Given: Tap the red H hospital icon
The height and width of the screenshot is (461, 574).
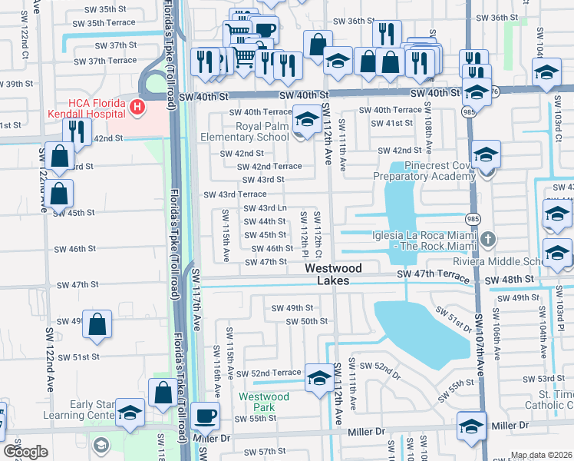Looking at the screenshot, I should (x=137, y=106).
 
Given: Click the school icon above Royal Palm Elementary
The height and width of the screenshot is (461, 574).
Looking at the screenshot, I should (x=307, y=121).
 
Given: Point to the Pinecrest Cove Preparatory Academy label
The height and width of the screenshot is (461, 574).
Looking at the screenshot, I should (x=424, y=171).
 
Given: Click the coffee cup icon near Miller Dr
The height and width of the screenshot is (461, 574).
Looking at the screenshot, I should (x=205, y=416).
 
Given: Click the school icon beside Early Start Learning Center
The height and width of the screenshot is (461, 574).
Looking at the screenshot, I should (x=130, y=413).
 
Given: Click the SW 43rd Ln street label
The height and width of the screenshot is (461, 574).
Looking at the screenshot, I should (x=265, y=208).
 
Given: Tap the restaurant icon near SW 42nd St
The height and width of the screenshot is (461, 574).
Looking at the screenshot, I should (x=75, y=132).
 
